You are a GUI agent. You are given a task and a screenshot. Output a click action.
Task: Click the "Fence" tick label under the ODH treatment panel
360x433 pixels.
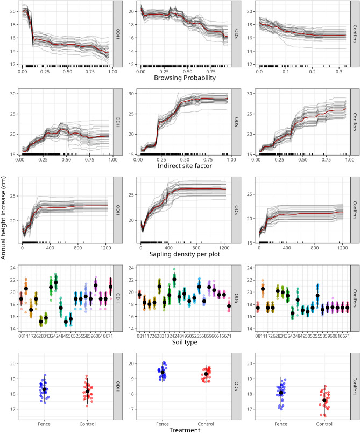pos(44,421)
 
